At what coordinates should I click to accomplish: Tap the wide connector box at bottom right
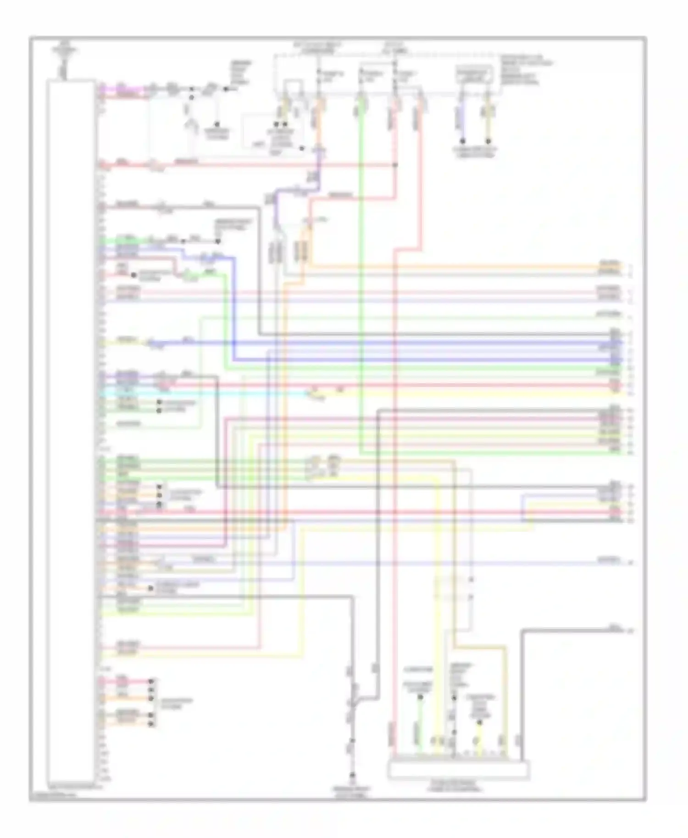(x=458, y=770)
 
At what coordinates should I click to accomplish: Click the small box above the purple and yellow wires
(x=474, y=74)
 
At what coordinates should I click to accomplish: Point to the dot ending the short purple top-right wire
(x=462, y=141)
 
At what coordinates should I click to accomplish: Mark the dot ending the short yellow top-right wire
(x=488, y=141)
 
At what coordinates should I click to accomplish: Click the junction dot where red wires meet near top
(x=396, y=165)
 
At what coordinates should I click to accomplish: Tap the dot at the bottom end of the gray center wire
(x=352, y=776)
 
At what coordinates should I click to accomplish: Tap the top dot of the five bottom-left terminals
(x=151, y=681)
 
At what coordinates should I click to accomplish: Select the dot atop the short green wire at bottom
(x=420, y=697)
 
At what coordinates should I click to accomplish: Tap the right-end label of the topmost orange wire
(x=610, y=265)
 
